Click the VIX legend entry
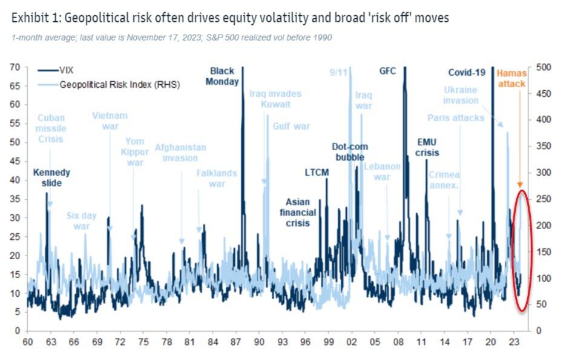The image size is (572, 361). click(x=66, y=70)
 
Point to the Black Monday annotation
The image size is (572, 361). click(x=222, y=76)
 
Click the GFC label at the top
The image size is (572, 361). click(x=387, y=71)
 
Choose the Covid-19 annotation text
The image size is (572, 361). click(x=467, y=73)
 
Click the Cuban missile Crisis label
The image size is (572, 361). click(x=51, y=128)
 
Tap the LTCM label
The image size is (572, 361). click(x=317, y=173)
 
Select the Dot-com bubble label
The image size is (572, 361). click(x=350, y=152)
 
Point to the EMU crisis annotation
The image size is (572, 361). click(x=427, y=147)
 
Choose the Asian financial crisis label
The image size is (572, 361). click(x=298, y=213)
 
